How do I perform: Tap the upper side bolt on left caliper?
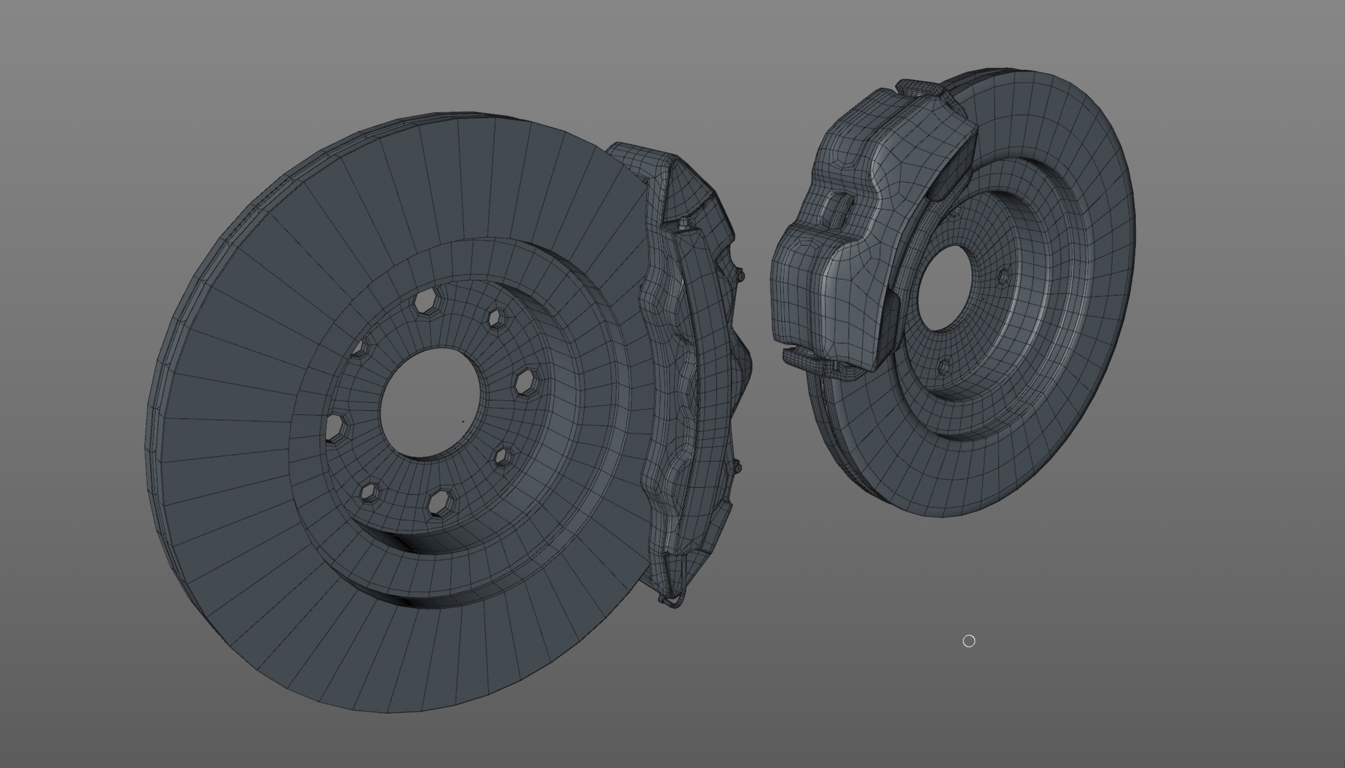(x=740, y=275)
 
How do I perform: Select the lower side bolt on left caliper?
(x=736, y=466)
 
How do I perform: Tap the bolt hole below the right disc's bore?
(x=944, y=365)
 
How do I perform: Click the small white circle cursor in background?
(x=968, y=641)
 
